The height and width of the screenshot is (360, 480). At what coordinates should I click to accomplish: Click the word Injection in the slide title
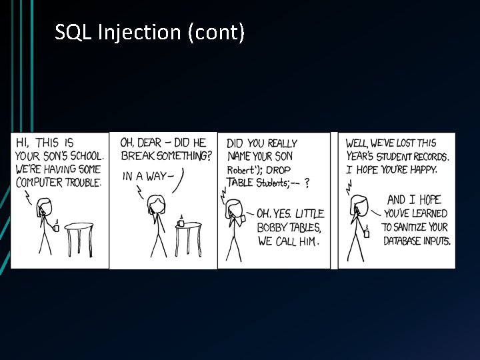pos(139,31)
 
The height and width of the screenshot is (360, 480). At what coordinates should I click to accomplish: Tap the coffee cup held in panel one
pos(56,227)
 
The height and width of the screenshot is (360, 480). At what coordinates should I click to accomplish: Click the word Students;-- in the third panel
pos(277,183)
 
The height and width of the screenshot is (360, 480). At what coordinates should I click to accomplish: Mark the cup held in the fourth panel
pos(366,233)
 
